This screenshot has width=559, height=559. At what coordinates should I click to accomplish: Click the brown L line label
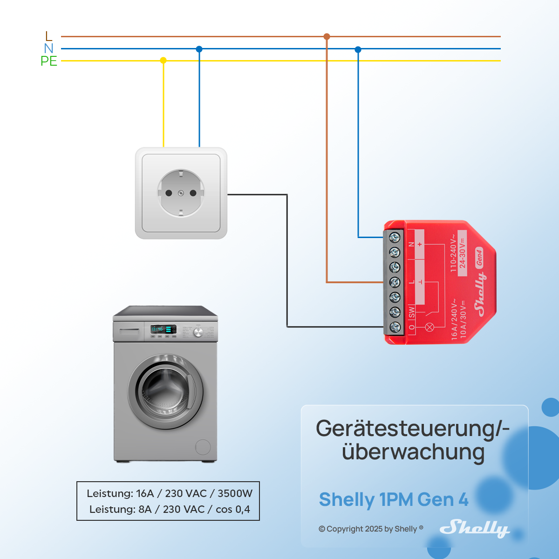click(48, 36)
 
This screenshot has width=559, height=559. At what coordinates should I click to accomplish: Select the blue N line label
click(48, 48)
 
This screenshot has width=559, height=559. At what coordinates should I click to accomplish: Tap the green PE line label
click(48, 61)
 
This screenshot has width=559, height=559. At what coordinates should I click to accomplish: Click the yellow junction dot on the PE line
click(163, 61)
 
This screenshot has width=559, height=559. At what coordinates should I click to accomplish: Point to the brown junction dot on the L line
click(327, 36)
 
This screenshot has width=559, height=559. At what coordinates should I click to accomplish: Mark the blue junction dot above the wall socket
click(199, 49)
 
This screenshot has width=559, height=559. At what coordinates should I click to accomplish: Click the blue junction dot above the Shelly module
click(358, 49)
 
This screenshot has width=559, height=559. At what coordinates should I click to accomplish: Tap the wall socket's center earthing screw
click(181, 193)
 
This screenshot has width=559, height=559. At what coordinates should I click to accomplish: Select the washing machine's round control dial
click(198, 332)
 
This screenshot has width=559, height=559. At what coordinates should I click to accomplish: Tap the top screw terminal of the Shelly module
click(395, 238)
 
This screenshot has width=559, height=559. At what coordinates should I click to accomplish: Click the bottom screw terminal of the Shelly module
click(395, 327)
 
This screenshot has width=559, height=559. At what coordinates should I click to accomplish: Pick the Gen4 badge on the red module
click(479, 257)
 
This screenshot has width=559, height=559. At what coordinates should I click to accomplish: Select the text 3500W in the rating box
click(235, 493)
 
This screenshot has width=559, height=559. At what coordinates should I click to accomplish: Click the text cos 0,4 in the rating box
click(232, 509)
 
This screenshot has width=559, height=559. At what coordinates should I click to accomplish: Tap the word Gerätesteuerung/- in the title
click(412, 429)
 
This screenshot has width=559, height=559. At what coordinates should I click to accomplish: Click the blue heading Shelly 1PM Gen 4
click(394, 499)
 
